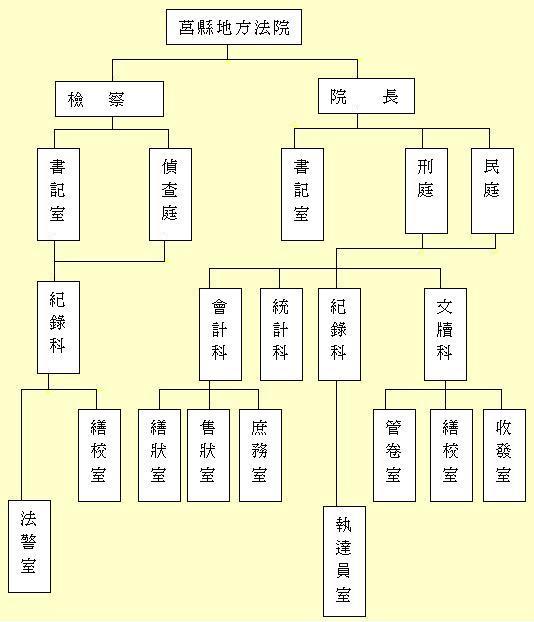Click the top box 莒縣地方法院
234,27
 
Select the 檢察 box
109,99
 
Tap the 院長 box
366,96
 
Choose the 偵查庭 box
171,194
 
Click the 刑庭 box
426,191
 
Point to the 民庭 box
492,191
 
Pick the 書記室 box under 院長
302,194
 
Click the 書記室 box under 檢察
58,194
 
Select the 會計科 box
220,334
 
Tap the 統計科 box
281,334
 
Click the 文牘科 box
445,334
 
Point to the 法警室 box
29,546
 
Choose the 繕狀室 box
159,455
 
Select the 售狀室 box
208,455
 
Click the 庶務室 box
260,455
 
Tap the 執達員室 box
344,561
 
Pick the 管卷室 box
394,455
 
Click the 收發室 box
504,455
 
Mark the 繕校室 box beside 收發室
451,455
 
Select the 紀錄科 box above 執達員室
339,334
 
